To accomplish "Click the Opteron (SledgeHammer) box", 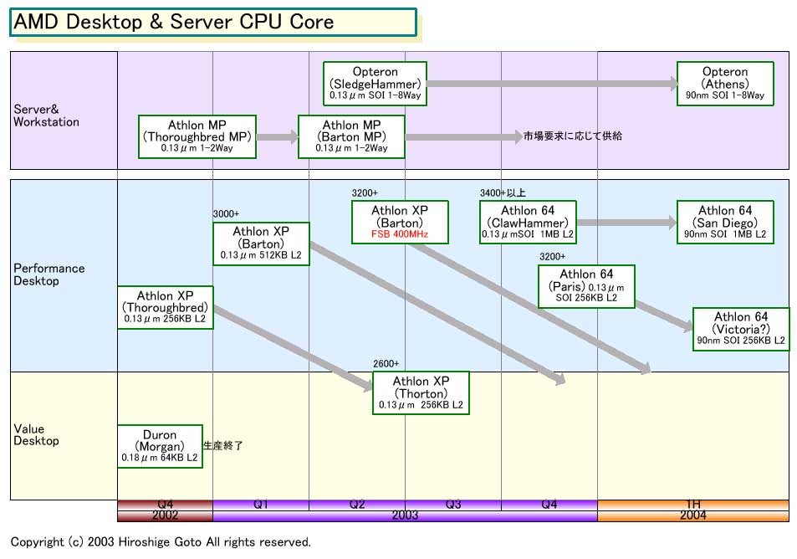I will point(375,84).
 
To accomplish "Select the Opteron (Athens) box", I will point(725,84).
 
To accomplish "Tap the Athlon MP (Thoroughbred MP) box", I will point(197,136).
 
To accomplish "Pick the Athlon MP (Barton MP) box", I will point(351,136).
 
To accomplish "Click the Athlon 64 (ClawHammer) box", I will point(528,223).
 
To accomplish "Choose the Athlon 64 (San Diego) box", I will point(725,223).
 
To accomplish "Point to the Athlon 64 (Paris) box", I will point(586,286).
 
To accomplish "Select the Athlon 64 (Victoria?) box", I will point(740,328).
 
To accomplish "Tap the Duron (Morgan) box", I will point(160,446).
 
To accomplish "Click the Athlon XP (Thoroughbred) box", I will point(166,307).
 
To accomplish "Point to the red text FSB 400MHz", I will point(400,235).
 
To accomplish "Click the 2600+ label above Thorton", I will point(386,363).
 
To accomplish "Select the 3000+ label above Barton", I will point(226,214).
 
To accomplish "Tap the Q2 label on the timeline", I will point(357,505).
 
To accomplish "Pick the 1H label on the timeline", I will point(693,505).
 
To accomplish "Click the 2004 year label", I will point(693,515).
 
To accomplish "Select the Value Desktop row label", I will point(37,435).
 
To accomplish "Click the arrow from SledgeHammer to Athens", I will point(552,84).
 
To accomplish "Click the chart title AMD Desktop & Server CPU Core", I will point(174,23).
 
